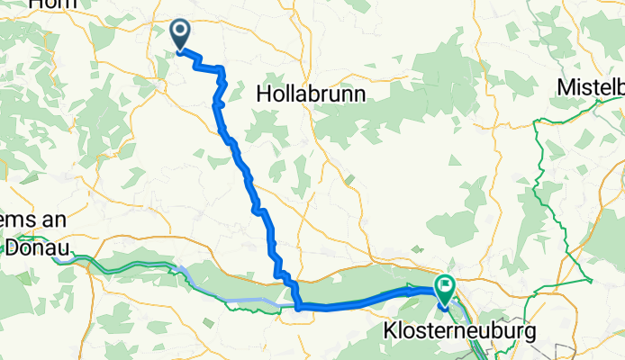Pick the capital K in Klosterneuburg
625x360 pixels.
click(391, 330)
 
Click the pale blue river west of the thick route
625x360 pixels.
click(234, 300)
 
